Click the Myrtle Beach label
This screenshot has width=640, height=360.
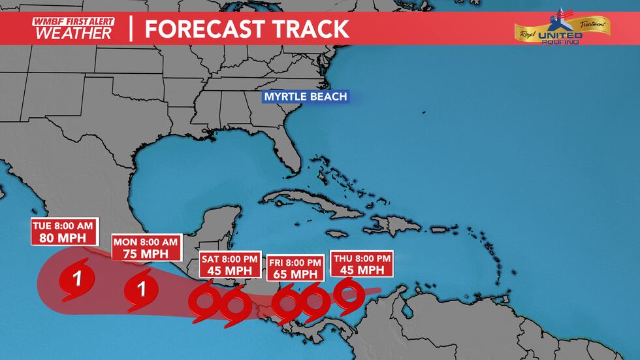tap(305, 97)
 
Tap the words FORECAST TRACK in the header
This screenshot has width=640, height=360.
tap(247, 29)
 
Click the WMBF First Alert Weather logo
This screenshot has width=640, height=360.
tap(72, 29)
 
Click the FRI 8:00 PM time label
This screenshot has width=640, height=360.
tap(296, 263)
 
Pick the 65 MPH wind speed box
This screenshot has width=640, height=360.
tap(296, 274)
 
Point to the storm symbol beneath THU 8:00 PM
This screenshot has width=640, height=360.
tap(348, 295)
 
